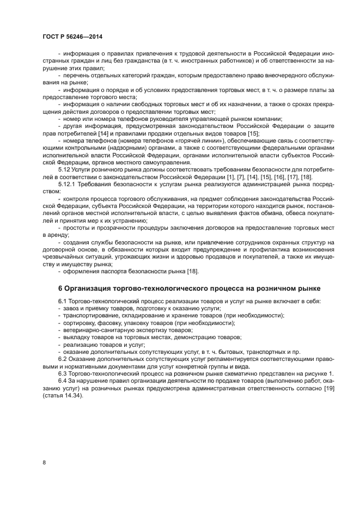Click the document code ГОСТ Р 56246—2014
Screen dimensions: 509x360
click(x=72, y=36)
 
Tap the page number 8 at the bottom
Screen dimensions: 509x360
click(x=44, y=462)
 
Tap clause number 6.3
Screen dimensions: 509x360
click(x=63, y=373)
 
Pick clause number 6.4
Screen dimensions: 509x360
click(x=63, y=380)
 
